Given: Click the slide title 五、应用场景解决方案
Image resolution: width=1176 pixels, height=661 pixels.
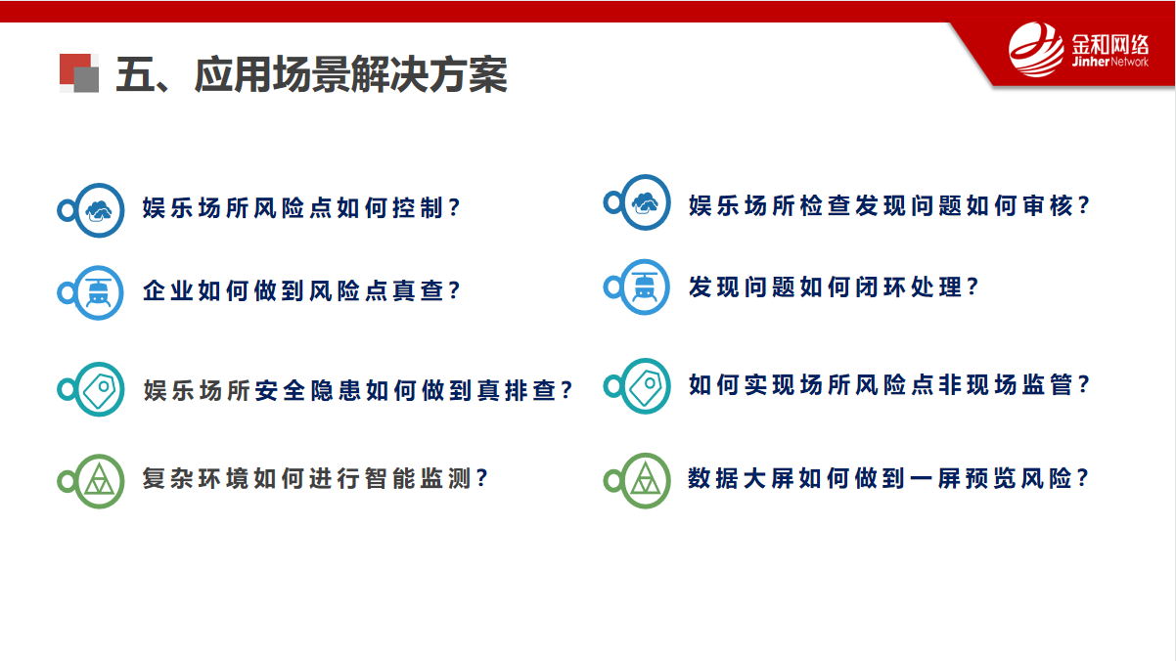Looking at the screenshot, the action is click(311, 75).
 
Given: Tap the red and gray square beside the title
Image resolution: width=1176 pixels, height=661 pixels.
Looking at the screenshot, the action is click(79, 73).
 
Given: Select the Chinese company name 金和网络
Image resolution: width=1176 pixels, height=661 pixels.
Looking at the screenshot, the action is click(1109, 45).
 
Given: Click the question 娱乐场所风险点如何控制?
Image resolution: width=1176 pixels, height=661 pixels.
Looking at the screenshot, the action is click(301, 208).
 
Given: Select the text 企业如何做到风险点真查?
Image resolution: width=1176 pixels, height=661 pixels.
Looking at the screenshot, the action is click(301, 290).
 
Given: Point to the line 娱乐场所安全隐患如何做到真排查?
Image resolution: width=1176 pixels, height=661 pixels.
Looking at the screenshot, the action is click(357, 390).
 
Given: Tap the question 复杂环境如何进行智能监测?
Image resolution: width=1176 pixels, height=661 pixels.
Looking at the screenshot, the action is click(316, 478).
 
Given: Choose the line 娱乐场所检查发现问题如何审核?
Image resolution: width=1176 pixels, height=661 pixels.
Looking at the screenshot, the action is click(889, 205).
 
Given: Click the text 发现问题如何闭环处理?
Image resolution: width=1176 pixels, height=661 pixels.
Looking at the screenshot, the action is click(834, 286).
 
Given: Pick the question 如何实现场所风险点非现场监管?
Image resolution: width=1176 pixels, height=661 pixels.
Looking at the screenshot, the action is click(889, 385).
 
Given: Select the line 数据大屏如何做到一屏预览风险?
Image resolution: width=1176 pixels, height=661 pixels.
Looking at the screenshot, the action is click(889, 478).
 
